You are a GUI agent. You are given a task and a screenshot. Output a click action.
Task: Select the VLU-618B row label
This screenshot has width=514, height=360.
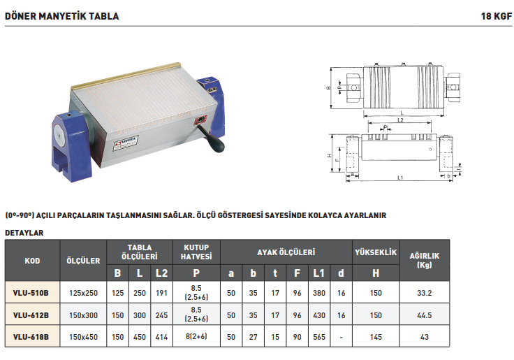click(x=31, y=337)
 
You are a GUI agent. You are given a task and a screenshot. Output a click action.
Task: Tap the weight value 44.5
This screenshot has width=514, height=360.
click(x=424, y=315)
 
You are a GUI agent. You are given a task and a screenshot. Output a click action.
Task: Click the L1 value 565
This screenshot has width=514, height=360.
click(x=319, y=337)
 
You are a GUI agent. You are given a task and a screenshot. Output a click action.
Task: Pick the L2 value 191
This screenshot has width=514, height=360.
click(x=161, y=293)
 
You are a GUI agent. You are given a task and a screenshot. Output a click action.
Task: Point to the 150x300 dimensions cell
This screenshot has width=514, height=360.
click(x=83, y=315)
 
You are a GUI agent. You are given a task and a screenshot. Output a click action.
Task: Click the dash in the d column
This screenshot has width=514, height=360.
click(x=342, y=338)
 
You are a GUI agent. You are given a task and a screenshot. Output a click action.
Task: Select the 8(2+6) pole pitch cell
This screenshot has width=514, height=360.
click(x=196, y=336)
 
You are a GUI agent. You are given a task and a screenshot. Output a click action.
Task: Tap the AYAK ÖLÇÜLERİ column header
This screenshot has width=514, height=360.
click(x=286, y=252)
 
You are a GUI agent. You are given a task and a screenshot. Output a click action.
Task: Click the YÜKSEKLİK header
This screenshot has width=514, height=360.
click(x=376, y=252)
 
